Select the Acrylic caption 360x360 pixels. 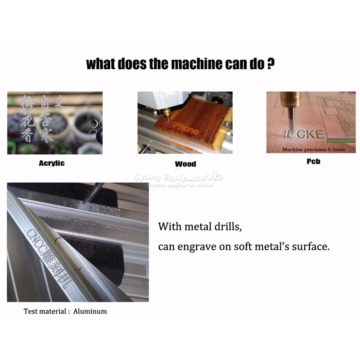[52, 163]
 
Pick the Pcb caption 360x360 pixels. [313, 161]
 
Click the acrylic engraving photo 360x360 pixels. [54, 123]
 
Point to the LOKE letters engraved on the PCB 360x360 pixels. [305, 134]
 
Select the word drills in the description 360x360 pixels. [227, 227]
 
